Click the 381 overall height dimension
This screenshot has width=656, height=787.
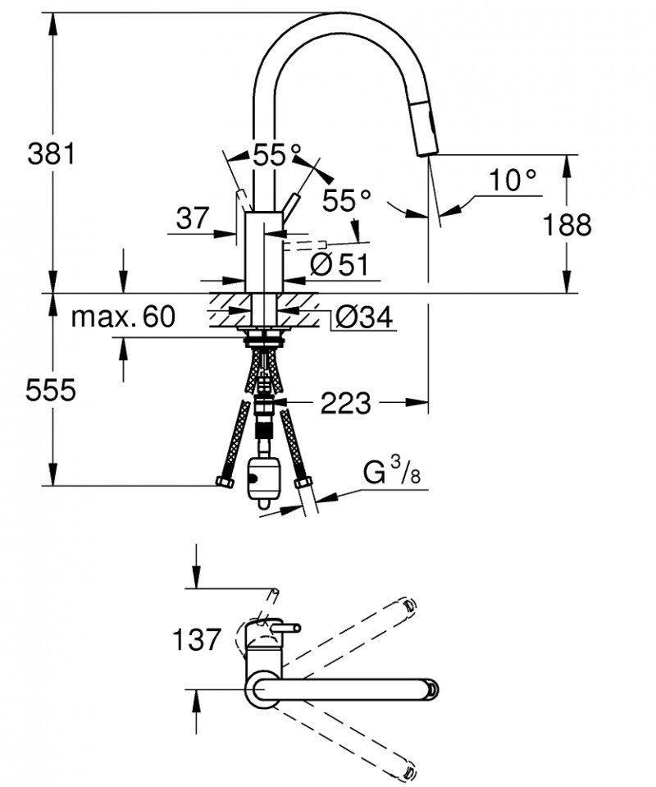click(x=51, y=153)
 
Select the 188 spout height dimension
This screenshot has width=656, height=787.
click(x=567, y=223)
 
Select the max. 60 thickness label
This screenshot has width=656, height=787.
click(x=123, y=316)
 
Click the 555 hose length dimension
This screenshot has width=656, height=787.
click(x=51, y=390)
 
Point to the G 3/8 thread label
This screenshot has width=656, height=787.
click(x=391, y=474)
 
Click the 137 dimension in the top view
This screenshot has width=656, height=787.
click(x=198, y=639)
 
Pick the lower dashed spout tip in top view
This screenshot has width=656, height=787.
click(x=408, y=770)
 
